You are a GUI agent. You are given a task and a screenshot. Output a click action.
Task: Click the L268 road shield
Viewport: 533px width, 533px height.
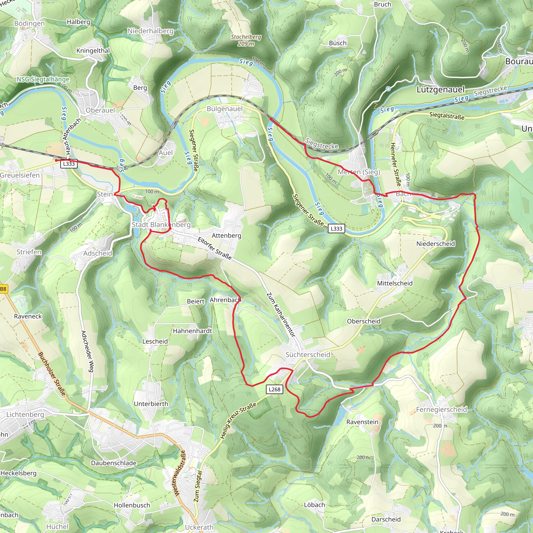coord(274,389)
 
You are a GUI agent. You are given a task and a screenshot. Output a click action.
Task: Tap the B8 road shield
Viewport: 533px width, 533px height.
coord(3,289)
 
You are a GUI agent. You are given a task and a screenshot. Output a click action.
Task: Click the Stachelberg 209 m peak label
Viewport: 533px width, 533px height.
coord(246,40)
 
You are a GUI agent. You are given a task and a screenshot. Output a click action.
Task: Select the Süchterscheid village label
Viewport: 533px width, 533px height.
coord(308,354)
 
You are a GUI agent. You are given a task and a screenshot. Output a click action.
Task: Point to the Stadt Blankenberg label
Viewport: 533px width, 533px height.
coord(161,225)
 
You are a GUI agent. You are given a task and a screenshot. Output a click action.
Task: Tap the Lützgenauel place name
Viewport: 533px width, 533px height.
coord(441,90)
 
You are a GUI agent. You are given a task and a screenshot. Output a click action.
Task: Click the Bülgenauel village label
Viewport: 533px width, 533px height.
coord(225,109)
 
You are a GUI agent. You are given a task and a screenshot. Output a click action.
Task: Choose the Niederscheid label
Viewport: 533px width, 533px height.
coord(435,244)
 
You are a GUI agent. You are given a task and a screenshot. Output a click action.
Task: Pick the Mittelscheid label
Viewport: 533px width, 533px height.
coord(395,283)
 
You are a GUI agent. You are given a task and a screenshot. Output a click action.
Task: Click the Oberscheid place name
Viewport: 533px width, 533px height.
coord(364,321)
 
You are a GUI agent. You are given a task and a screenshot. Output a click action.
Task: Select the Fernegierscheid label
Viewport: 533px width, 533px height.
coord(441,409)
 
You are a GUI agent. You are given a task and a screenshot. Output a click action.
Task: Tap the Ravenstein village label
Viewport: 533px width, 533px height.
coord(362,422)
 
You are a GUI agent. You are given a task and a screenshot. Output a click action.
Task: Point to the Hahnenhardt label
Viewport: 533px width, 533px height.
coord(192,331)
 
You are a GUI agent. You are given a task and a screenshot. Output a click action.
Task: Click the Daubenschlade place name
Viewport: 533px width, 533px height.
coord(114,463)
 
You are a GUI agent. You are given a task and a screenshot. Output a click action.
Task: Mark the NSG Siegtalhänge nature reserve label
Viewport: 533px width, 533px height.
coord(43,79)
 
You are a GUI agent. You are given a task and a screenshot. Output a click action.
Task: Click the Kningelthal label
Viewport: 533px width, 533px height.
coord(93,50)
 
